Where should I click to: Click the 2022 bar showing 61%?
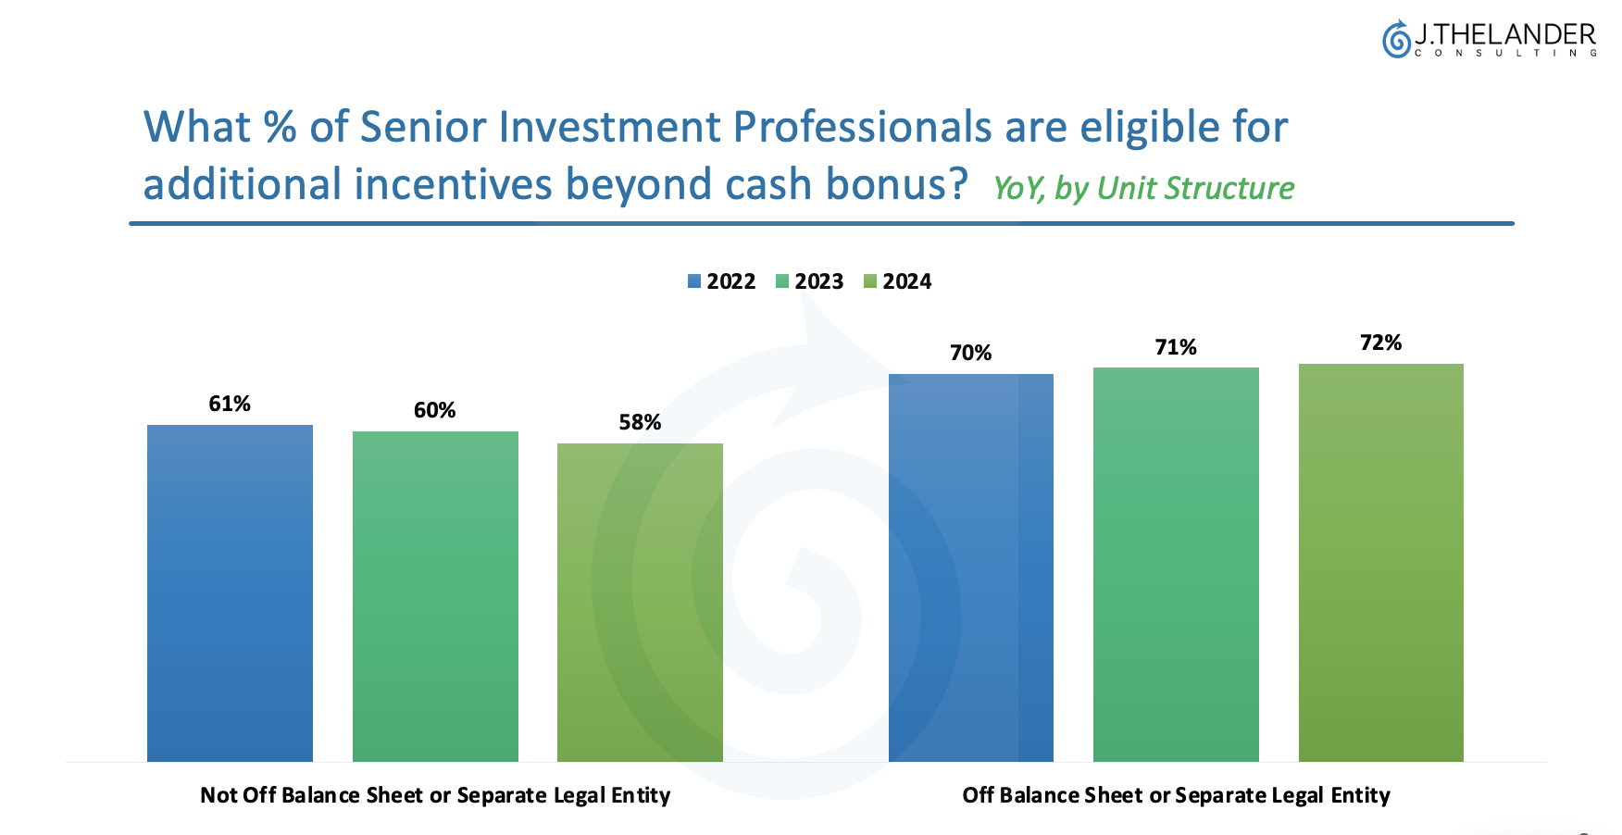click(230, 593)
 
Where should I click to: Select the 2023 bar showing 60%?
click(435, 596)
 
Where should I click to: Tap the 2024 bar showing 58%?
click(640, 603)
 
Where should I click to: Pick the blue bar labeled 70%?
click(971, 567)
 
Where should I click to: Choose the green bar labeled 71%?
click(1176, 565)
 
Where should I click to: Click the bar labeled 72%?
click(1381, 563)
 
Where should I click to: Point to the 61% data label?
click(230, 404)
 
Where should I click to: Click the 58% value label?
click(640, 422)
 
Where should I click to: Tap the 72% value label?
click(1381, 343)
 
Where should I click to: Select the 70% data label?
click(971, 353)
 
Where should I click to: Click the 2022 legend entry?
click(722, 281)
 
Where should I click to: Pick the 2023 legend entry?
click(810, 281)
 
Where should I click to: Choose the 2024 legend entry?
click(898, 281)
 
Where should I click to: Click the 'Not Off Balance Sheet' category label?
click(435, 795)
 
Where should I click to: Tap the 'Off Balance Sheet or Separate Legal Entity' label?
click(1176, 795)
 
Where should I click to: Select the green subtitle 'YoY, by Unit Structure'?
click(1143, 189)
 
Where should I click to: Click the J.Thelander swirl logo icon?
click(1396, 39)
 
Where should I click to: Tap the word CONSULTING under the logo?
click(1506, 53)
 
